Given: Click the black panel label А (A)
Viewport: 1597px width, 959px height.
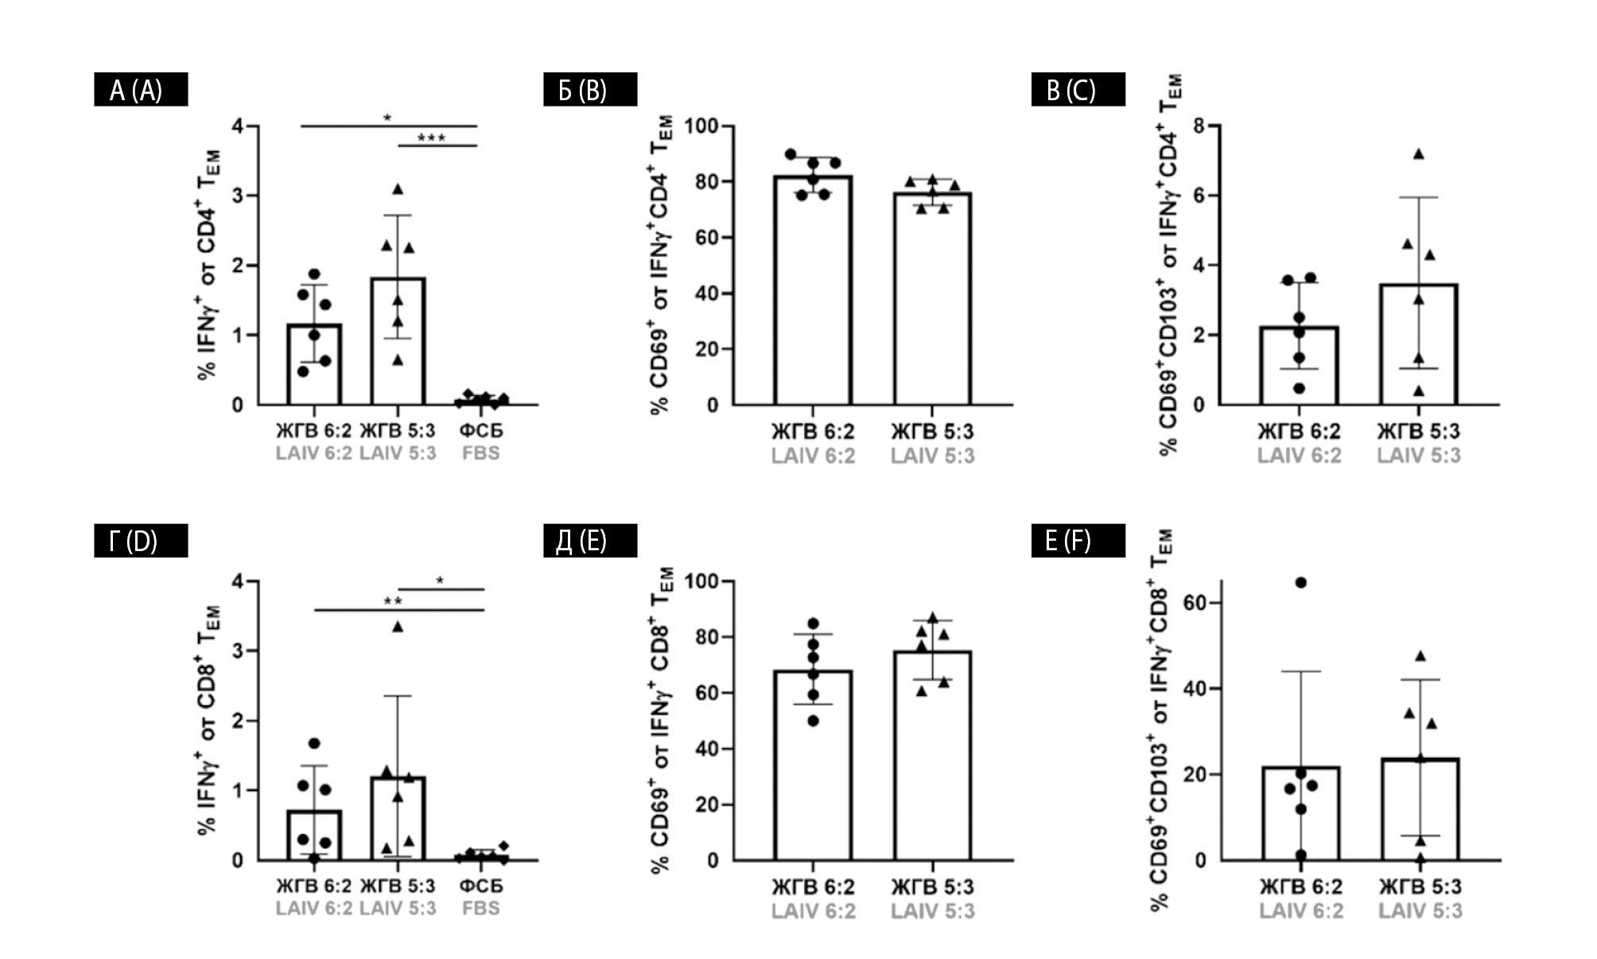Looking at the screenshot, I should (x=141, y=90).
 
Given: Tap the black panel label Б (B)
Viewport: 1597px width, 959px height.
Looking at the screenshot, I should (x=589, y=90).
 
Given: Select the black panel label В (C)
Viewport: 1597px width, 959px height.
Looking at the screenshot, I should (x=1078, y=90).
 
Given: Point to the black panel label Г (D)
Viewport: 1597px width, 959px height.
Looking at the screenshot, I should (x=141, y=541).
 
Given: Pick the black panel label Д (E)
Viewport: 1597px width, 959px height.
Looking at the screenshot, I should (x=589, y=541).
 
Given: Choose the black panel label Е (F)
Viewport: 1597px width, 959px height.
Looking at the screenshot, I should (x=1078, y=541).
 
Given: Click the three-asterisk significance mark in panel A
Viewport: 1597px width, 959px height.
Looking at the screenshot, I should (x=431, y=138).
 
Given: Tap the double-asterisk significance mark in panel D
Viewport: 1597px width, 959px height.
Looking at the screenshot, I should (x=393, y=601).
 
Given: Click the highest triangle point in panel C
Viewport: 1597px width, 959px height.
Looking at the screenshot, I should (x=1418, y=154).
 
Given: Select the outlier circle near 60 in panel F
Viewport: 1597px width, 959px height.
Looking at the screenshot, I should (x=1301, y=583).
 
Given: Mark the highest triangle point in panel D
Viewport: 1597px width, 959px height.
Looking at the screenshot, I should (x=398, y=627).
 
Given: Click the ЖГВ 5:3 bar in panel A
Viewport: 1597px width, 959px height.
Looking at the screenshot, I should (x=398, y=342).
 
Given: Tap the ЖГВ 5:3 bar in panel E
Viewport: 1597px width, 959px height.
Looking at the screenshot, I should (x=932, y=755).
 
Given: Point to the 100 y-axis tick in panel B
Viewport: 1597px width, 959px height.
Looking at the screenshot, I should (x=701, y=127).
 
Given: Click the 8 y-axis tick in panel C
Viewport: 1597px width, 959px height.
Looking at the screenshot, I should (x=1199, y=126).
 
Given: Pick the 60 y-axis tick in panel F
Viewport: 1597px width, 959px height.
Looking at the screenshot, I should (x=1195, y=604).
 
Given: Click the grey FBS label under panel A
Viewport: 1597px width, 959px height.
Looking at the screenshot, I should (x=481, y=453).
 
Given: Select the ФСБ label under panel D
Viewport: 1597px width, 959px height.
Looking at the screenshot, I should (x=481, y=886).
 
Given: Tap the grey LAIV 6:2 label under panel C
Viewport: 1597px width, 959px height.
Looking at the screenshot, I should (x=1299, y=456).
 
